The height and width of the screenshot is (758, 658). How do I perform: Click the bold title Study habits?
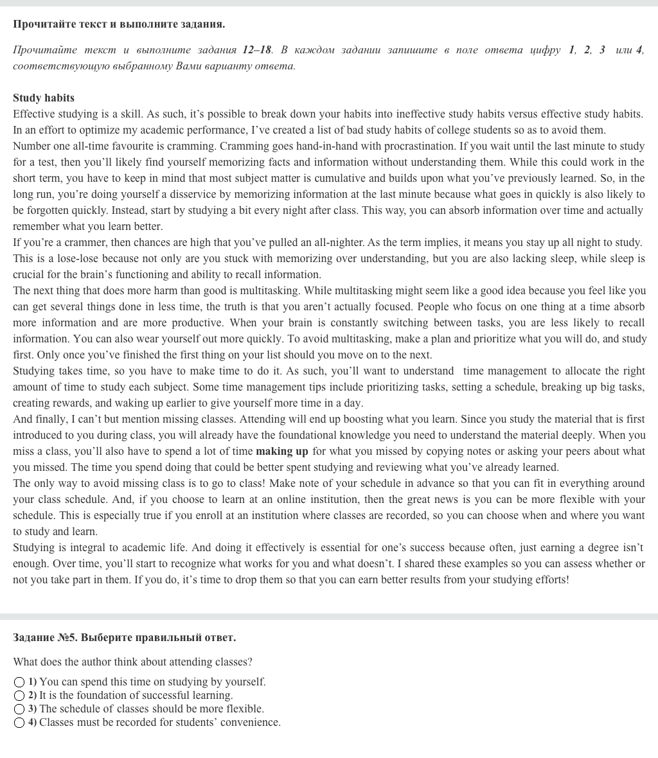(x=44, y=98)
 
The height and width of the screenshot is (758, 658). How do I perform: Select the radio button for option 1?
(x=19, y=682)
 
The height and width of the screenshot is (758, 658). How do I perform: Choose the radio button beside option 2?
(x=19, y=696)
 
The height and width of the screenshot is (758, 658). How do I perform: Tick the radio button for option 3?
(x=19, y=709)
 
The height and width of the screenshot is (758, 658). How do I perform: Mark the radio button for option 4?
(x=19, y=723)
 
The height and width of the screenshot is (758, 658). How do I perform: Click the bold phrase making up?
(x=281, y=452)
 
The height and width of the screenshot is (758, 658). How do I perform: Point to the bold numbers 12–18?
(x=257, y=50)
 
